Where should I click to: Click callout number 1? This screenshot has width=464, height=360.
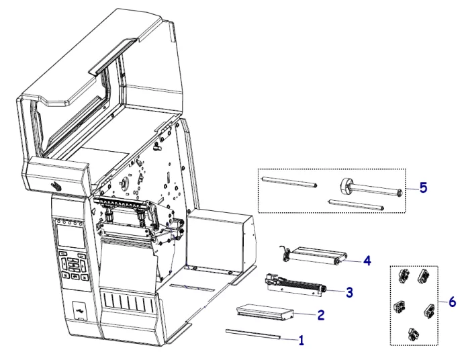(301, 341)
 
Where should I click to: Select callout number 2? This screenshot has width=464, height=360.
(321, 314)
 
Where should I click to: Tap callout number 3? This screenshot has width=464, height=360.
(349, 292)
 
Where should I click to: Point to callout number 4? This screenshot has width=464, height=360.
(367, 259)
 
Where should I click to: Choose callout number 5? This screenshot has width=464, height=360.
(422, 187)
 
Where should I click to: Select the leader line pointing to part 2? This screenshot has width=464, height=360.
(306, 314)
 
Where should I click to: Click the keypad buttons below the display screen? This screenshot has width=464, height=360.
(72, 264)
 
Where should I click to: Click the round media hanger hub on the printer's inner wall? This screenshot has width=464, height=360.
(125, 182)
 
